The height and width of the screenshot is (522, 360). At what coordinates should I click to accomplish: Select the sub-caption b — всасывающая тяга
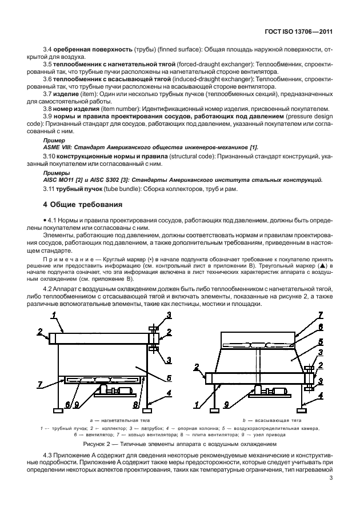(x=263, y=420)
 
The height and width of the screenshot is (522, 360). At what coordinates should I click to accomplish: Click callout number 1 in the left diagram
(x=53, y=314)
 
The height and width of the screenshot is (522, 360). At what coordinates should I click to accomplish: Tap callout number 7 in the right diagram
(x=321, y=315)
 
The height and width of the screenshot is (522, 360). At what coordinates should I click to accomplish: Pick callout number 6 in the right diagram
(x=321, y=326)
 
